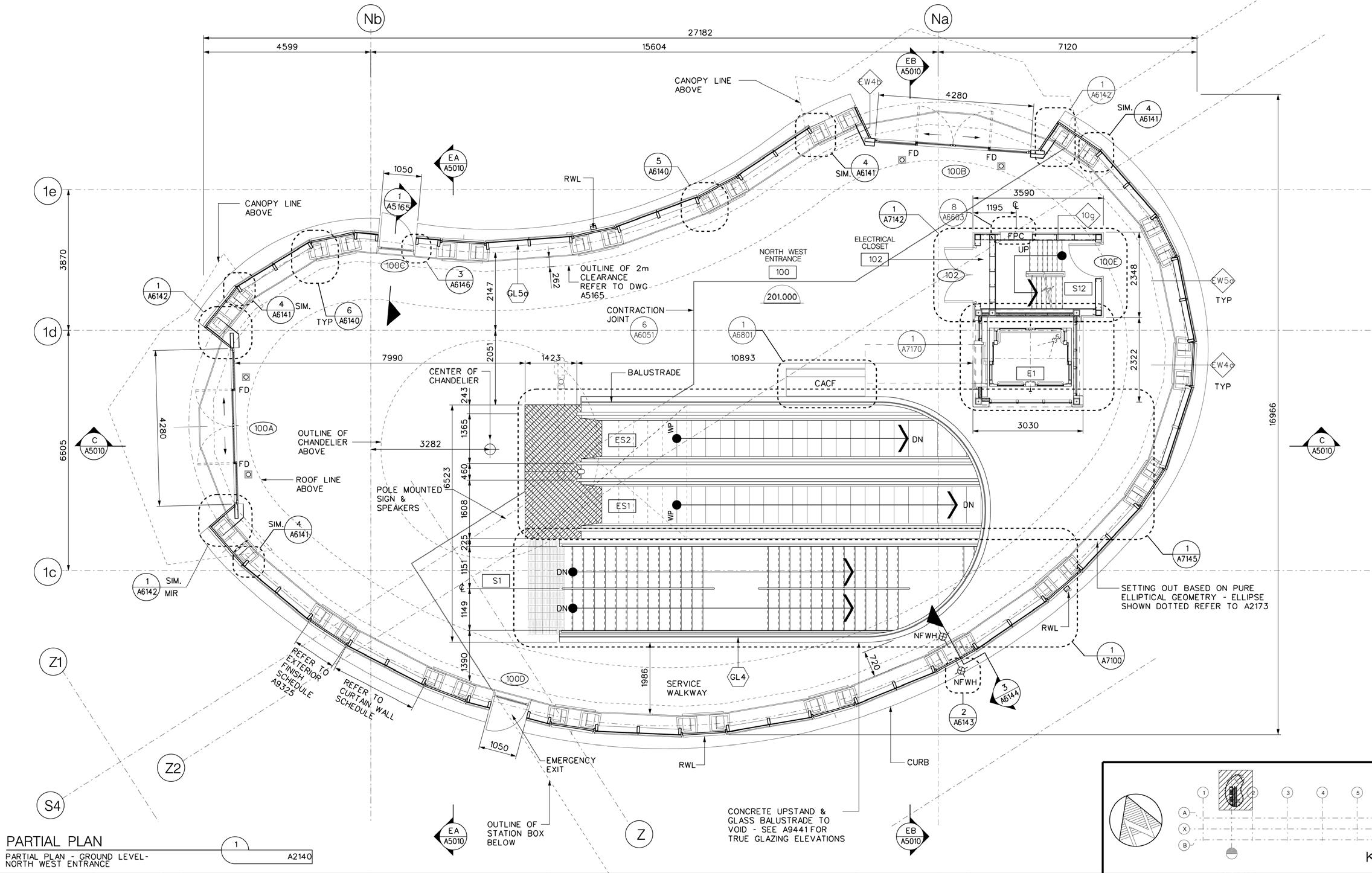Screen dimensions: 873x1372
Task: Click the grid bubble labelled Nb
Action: click(371, 19)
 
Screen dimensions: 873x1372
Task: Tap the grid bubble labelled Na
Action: click(938, 19)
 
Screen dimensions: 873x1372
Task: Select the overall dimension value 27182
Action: click(700, 33)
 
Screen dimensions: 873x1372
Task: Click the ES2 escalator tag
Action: click(622, 440)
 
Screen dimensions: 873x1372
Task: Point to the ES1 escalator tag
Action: click(622, 506)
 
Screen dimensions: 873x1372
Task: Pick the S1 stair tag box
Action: click(496, 581)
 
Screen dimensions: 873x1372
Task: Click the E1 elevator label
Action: click(1031, 374)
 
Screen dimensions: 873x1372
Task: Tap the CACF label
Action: click(825, 383)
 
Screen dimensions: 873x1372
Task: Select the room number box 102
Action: click(875, 260)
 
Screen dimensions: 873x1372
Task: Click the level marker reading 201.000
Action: click(781, 297)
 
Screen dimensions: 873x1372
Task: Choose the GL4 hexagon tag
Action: click(738, 677)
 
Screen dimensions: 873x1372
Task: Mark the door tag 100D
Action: click(515, 679)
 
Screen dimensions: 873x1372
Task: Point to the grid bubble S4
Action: click(53, 805)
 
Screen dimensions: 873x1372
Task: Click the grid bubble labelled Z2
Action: click(172, 769)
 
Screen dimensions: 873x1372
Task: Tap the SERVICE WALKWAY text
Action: click(686, 688)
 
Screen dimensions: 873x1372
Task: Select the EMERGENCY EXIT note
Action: click(570, 765)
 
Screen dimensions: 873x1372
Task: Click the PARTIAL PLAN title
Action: click(54, 841)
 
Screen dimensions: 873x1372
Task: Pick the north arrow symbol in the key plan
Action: click(1135, 820)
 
